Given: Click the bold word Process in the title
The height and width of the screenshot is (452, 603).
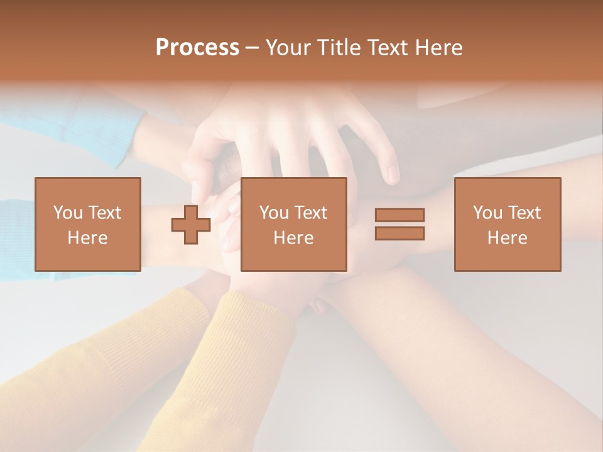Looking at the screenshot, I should [197, 48].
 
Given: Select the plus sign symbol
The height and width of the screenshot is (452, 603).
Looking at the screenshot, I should [191, 225].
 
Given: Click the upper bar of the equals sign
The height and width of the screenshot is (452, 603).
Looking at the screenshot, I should [399, 215].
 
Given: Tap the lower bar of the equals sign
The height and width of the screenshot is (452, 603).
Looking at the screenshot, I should [399, 234].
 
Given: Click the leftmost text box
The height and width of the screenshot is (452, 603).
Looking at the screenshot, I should [87, 224].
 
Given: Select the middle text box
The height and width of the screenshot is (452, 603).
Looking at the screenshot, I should [293, 224].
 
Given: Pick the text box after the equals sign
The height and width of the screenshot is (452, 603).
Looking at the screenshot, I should [507, 224].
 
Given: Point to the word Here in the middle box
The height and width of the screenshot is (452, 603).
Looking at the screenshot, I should [293, 238].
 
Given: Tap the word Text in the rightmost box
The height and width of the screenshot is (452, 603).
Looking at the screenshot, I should [524, 213].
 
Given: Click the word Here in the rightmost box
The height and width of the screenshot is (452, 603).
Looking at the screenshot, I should [507, 238].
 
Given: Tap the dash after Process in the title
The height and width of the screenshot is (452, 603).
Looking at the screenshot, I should [252, 48].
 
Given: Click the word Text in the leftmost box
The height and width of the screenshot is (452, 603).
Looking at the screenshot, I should [105, 213].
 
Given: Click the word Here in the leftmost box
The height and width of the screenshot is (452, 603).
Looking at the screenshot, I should [87, 238].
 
